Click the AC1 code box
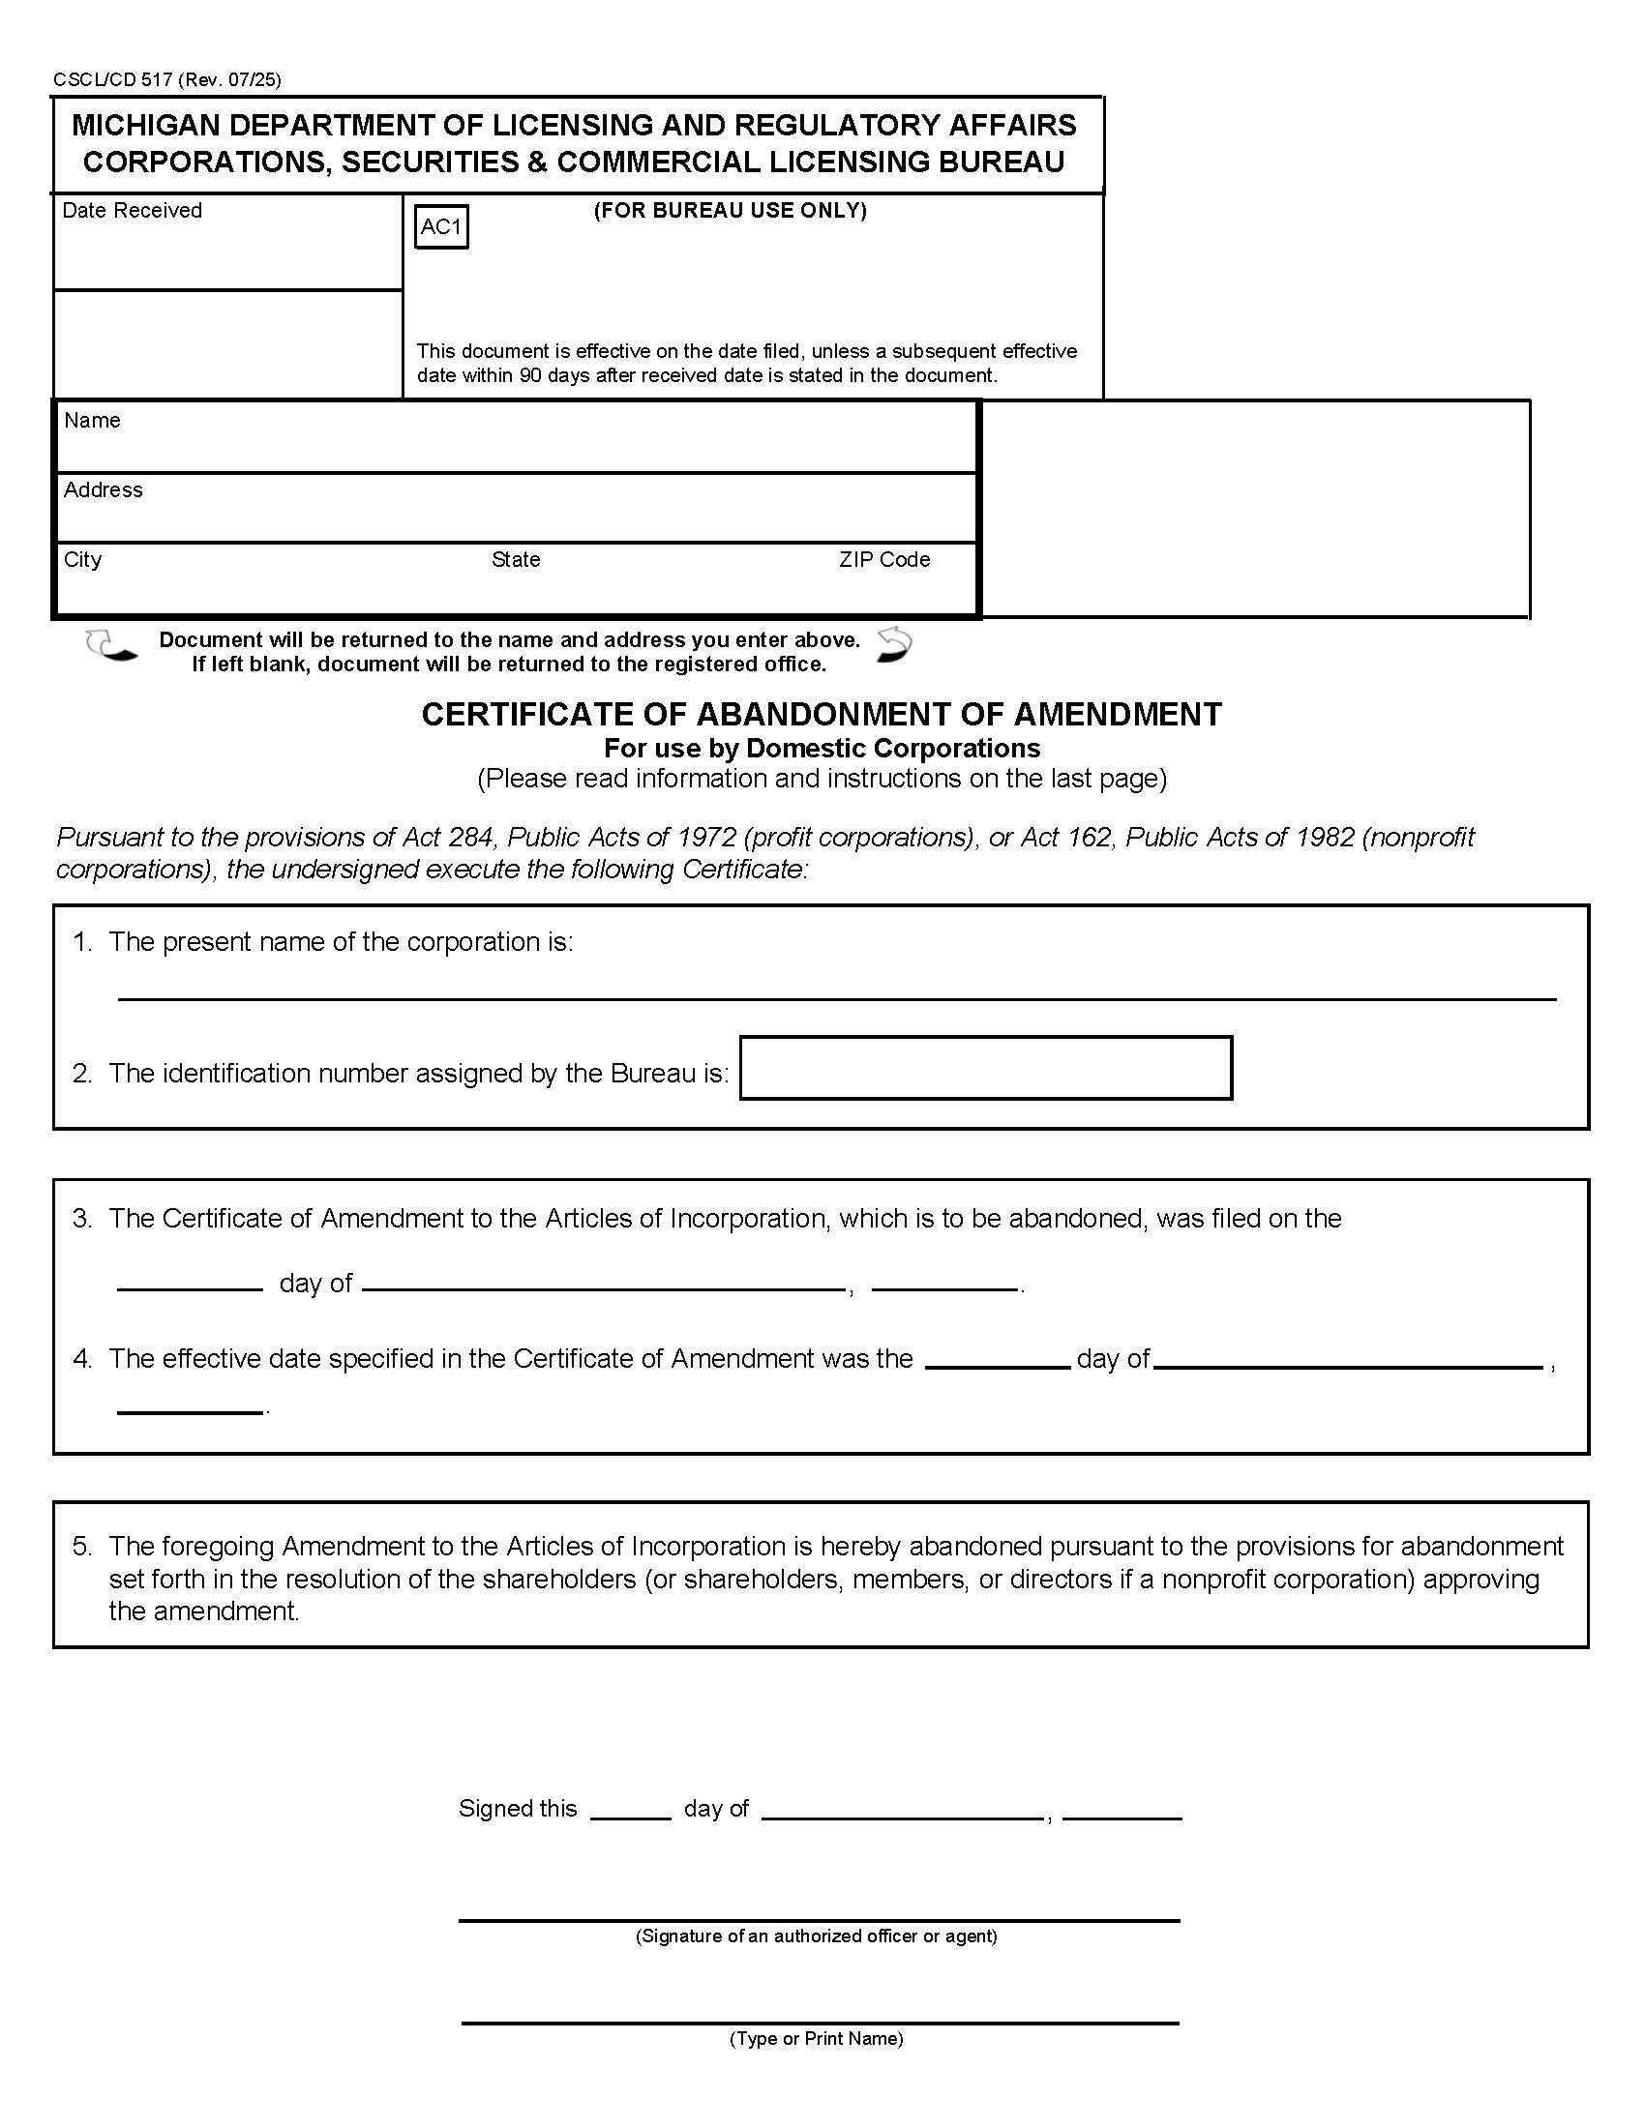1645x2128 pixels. pos(441,227)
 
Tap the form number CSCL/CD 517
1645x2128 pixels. pos(113,80)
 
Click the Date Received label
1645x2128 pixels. pos(132,211)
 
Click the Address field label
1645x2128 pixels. pos(104,490)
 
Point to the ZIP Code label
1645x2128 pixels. pos(883,560)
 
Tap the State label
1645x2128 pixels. pos(516,560)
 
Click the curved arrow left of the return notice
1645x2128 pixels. pos(110,647)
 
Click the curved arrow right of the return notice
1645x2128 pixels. pos(893,645)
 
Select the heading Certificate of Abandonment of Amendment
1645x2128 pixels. pos(821,715)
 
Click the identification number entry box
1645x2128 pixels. pos(985,1068)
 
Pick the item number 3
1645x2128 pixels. pos(82,1219)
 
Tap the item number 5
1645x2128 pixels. pos(82,1547)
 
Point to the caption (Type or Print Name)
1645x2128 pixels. pos(816,2038)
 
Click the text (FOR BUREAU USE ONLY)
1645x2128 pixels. pos(730,211)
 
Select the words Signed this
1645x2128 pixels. pos(518,1810)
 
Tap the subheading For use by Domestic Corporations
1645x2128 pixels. pos(822,749)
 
